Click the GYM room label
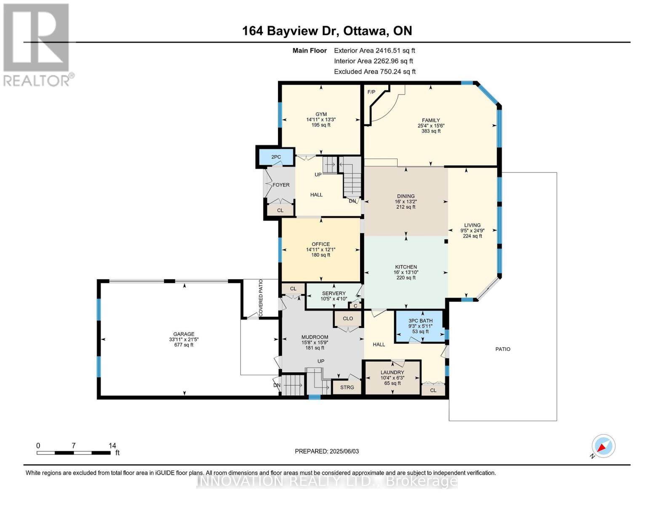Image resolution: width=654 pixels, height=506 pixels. click(x=321, y=114)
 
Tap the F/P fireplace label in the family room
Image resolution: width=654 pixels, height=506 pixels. click(x=371, y=92)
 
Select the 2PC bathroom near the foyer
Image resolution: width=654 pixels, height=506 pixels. click(x=276, y=157)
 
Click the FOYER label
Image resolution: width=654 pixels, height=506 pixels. click(x=281, y=185)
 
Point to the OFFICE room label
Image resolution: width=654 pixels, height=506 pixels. click(x=320, y=244)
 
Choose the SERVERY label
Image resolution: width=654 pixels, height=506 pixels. click(x=334, y=293)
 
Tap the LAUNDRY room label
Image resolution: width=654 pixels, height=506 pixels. click(x=392, y=372)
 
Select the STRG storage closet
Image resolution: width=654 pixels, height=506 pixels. click(x=347, y=387)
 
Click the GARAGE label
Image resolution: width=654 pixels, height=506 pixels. click(x=184, y=334)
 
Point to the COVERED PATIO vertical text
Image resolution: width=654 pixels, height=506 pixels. click(x=261, y=298)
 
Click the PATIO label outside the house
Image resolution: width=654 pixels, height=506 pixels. click(x=502, y=349)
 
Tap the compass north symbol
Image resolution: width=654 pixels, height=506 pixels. click(x=603, y=446)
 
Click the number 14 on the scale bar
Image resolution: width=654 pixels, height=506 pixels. click(x=112, y=446)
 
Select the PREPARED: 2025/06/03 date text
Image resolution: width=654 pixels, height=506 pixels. click(x=327, y=451)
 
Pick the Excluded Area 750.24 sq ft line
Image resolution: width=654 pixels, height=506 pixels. click(x=374, y=72)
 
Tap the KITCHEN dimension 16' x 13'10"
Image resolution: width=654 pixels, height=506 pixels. click(x=406, y=272)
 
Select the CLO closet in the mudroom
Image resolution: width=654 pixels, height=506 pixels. click(x=347, y=318)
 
